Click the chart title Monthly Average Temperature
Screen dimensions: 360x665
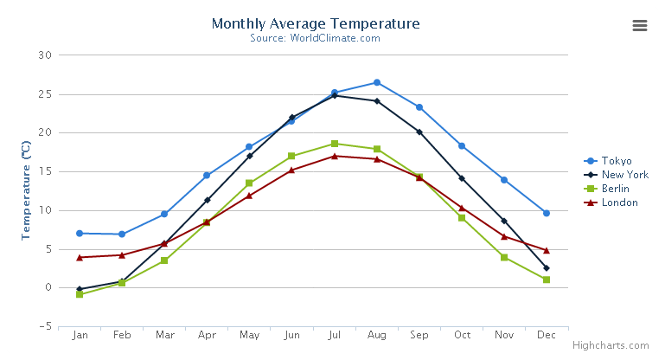point(315,24)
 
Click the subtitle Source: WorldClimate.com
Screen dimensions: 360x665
point(315,38)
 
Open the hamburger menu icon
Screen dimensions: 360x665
point(640,25)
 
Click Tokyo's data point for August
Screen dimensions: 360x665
point(377,82)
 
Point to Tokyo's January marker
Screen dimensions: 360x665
point(80,234)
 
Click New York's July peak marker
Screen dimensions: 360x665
point(335,95)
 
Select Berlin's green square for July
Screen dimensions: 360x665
point(335,144)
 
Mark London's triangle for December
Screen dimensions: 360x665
point(547,250)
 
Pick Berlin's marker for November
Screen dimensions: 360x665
point(504,257)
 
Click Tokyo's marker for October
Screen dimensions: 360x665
point(462,145)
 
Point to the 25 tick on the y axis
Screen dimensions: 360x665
point(45,94)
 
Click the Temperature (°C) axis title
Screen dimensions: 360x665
point(26,190)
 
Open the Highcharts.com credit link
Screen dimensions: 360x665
point(615,345)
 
